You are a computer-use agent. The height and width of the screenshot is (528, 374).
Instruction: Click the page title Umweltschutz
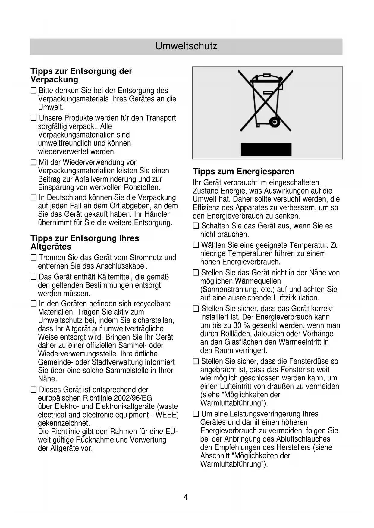coord(186,46)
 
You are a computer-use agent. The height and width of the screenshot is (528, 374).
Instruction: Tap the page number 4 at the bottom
coord(186,497)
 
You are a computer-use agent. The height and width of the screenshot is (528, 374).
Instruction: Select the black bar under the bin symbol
coord(266,149)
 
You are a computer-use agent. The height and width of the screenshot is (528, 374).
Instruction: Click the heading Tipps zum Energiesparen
coord(244,172)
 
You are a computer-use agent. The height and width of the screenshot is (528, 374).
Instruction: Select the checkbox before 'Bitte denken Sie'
coord(33,91)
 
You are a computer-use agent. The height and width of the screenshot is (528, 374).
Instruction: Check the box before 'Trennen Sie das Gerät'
coord(33,258)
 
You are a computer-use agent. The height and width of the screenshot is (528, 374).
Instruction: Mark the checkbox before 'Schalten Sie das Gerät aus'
coord(196,226)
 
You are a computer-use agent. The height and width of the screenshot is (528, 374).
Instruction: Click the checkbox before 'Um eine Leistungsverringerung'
coord(196,414)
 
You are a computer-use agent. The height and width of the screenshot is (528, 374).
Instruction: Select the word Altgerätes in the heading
coord(51,247)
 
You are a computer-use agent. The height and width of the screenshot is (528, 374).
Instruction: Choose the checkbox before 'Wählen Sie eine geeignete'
coord(196,245)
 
